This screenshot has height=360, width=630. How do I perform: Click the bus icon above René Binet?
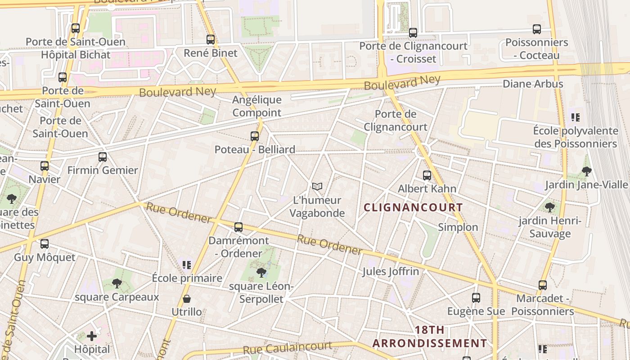click(x=211, y=40)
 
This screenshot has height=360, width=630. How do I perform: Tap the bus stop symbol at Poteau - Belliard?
click(x=255, y=136)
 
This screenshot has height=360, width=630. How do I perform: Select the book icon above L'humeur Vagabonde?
click(x=317, y=186)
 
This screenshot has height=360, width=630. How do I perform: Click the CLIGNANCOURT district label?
click(x=413, y=207)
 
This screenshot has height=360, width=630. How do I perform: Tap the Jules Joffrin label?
click(x=391, y=271)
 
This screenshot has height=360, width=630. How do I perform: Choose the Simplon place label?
click(x=458, y=227)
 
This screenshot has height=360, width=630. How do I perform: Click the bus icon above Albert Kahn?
click(x=427, y=175)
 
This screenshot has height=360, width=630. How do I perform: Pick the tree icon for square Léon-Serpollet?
click(x=261, y=272)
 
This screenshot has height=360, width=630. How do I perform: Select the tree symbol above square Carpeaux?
click(x=117, y=283)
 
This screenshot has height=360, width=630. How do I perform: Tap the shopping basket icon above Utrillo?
click(x=187, y=299)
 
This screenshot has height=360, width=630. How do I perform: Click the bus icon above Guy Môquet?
click(x=45, y=244)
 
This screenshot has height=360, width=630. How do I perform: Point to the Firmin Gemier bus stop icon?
click(x=103, y=157)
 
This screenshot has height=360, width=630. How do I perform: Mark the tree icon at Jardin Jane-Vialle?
click(x=586, y=171)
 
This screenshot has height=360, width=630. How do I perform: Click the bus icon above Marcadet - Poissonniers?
click(x=543, y=285)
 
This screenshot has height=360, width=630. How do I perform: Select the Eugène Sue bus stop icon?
click(x=476, y=297)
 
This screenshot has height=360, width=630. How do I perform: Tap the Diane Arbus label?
click(x=533, y=84)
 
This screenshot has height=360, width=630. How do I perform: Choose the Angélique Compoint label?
click(x=257, y=106)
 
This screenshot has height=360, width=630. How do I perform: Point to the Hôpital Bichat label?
click(x=76, y=55)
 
